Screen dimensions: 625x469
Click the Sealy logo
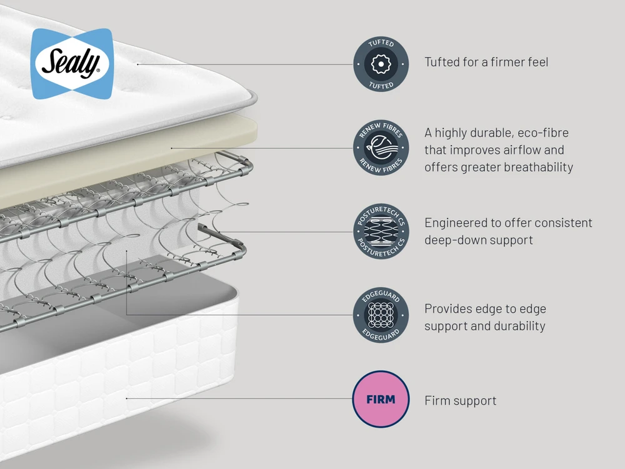72,63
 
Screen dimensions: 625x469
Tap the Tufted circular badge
381,64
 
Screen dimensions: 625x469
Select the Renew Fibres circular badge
381,148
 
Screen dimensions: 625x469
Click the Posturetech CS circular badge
381,231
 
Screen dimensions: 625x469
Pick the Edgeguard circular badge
381,315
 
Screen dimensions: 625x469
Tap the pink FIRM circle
381,399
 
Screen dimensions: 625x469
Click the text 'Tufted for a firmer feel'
486,62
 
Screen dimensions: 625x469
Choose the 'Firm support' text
461,400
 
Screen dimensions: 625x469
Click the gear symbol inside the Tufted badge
381,64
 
